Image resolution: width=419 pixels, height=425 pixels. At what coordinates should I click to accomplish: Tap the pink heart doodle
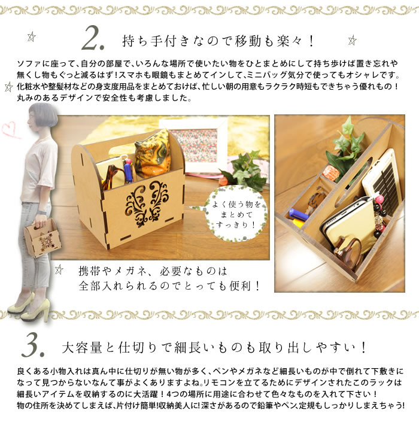[10, 129]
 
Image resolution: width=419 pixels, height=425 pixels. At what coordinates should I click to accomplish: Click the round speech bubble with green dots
[235, 213]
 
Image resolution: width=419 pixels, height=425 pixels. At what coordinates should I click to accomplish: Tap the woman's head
[42, 116]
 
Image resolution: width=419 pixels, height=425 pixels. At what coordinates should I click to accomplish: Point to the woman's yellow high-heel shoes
[29, 307]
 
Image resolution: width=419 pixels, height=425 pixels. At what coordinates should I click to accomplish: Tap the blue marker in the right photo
[299, 215]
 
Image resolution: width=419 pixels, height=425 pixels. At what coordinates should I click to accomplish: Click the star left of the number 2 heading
[32, 37]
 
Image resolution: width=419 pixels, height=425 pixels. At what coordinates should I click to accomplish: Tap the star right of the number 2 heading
[352, 40]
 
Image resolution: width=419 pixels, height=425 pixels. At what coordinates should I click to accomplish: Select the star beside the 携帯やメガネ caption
[59, 269]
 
